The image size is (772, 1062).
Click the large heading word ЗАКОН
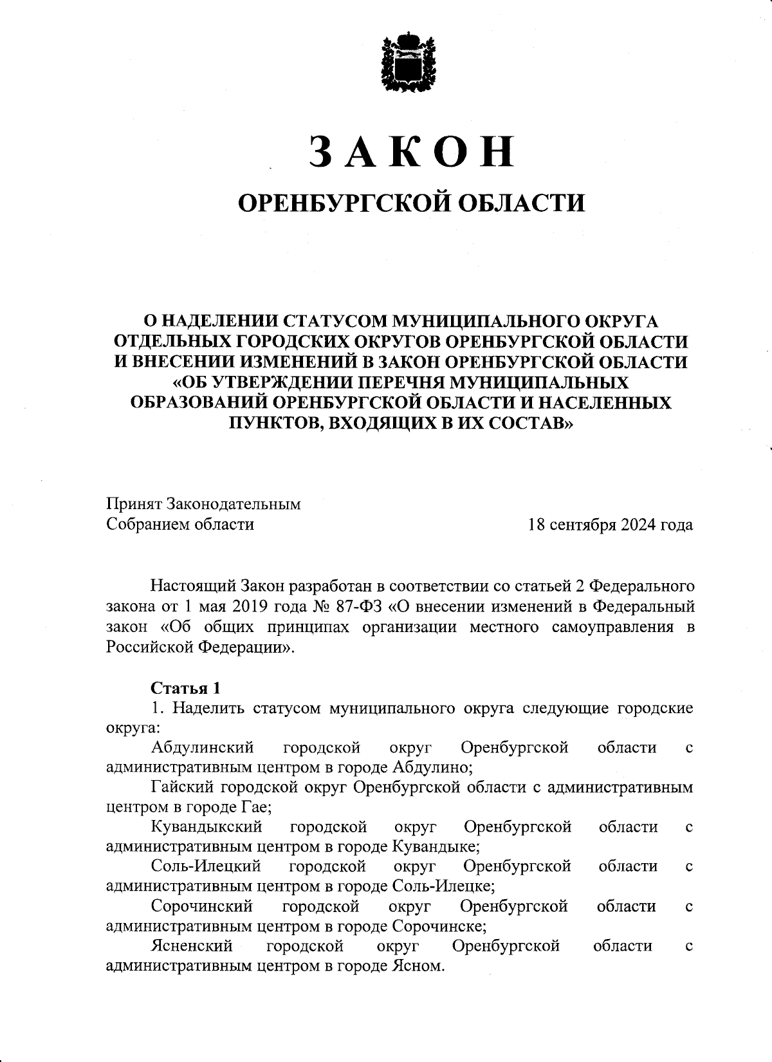pyautogui.click(x=412, y=152)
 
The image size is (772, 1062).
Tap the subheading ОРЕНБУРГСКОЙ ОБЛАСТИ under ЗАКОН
pyautogui.click(x=412, y=203)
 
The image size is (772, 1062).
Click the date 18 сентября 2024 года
pyautogui.click(x=610, y=525)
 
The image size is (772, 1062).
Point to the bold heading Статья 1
pyautogui.click(x=186, y=688)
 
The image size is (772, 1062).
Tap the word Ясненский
pyautogui.click(x=192, y=946)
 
